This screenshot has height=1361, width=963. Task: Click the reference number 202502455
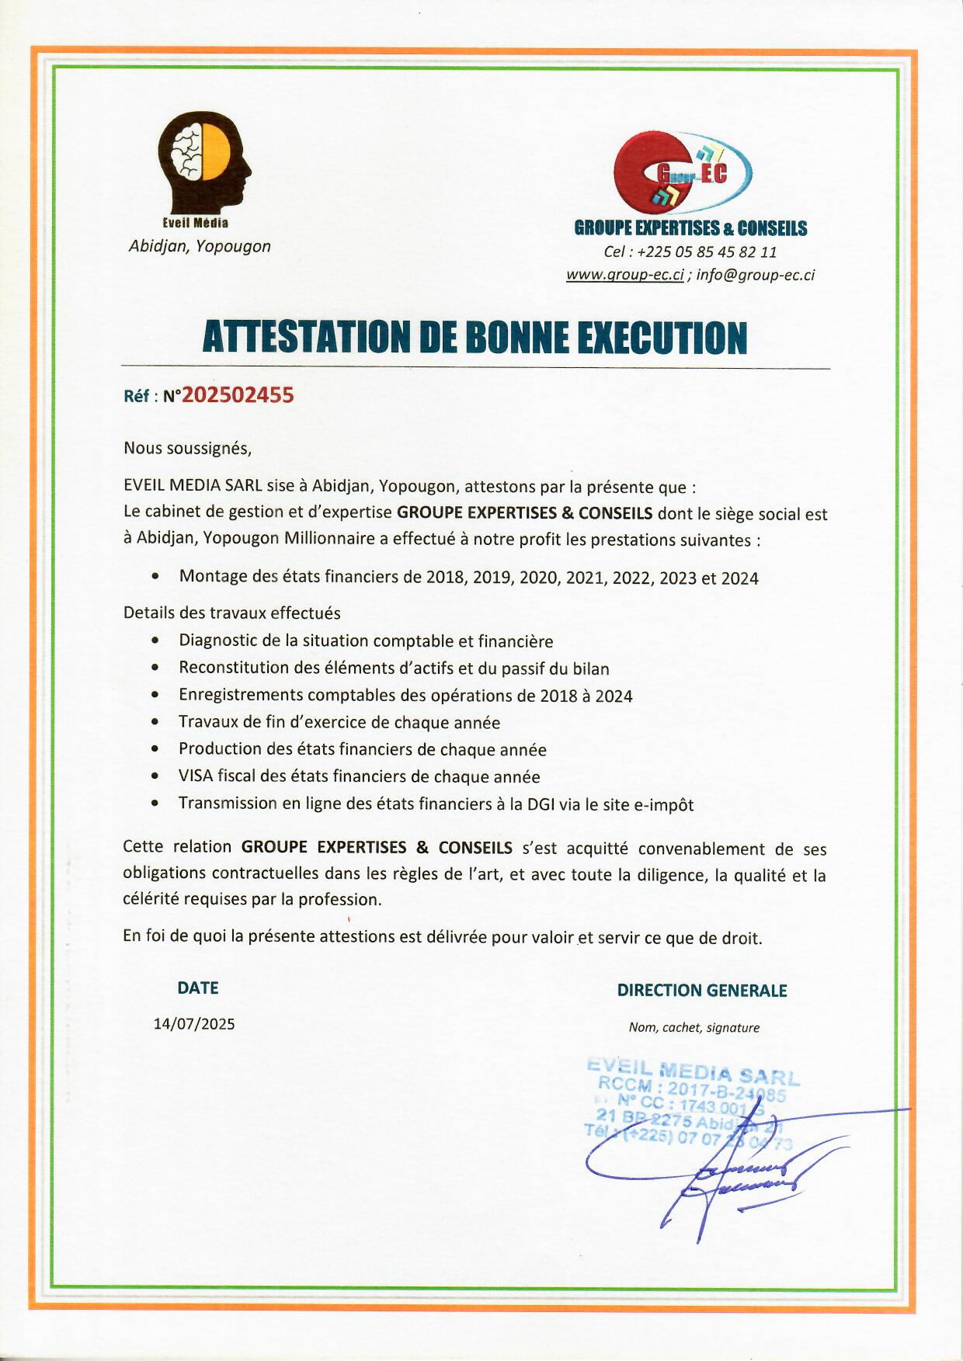point(238,395)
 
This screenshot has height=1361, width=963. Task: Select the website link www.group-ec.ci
point(624,275)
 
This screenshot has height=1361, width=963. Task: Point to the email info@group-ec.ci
point(755,275)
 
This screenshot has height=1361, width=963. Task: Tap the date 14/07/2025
point(194,1023)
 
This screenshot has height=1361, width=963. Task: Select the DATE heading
point(198,988)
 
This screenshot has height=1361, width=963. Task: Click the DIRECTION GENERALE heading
point(702,991)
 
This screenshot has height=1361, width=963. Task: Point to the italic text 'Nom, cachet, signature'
point(694,1027)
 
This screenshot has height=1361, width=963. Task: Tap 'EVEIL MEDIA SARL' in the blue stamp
point(693,1072)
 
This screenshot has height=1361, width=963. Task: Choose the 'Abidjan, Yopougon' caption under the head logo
point(200,246)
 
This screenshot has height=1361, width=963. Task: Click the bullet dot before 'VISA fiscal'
point(156,776)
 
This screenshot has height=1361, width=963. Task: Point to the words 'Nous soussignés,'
point(187,448)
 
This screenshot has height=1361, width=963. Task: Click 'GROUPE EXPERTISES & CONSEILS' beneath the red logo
point(690,228)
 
